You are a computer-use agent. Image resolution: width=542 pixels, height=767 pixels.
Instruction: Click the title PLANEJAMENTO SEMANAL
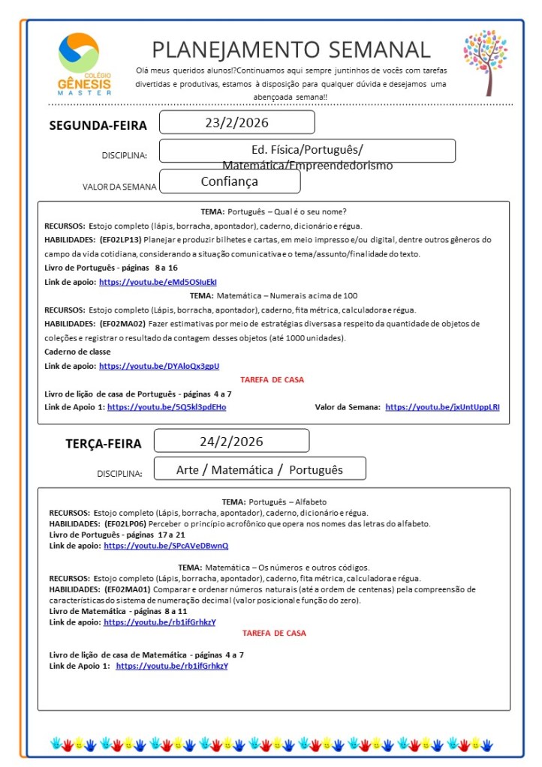pos(291,49)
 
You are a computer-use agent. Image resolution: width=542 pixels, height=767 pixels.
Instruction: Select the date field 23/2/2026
pos(236,122)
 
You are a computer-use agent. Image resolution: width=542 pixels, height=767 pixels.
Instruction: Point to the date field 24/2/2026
pos(231,441)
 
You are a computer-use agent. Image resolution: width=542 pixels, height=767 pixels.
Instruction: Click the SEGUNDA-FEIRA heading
pos(98,125)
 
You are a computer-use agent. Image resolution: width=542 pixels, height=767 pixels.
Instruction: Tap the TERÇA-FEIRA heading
pos(103,444)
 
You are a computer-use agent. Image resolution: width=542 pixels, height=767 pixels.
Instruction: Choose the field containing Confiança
pos(230,181)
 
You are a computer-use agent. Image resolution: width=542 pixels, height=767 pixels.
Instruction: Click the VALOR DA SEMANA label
pos(119,187)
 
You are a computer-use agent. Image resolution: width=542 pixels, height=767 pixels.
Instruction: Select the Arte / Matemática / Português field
pos(260,469)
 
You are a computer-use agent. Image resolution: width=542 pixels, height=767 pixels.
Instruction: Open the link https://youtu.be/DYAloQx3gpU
pos(159,366)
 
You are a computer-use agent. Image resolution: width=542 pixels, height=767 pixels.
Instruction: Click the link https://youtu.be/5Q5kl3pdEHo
pos(167,406)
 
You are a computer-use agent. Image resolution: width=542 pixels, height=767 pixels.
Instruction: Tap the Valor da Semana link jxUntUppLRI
pos(442,406)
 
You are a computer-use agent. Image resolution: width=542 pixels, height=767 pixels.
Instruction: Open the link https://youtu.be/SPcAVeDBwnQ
pos(166,546)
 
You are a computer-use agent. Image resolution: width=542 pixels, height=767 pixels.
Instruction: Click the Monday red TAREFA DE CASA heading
pos(273,379)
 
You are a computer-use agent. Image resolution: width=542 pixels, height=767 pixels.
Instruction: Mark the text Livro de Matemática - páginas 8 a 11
pos(117,611)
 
